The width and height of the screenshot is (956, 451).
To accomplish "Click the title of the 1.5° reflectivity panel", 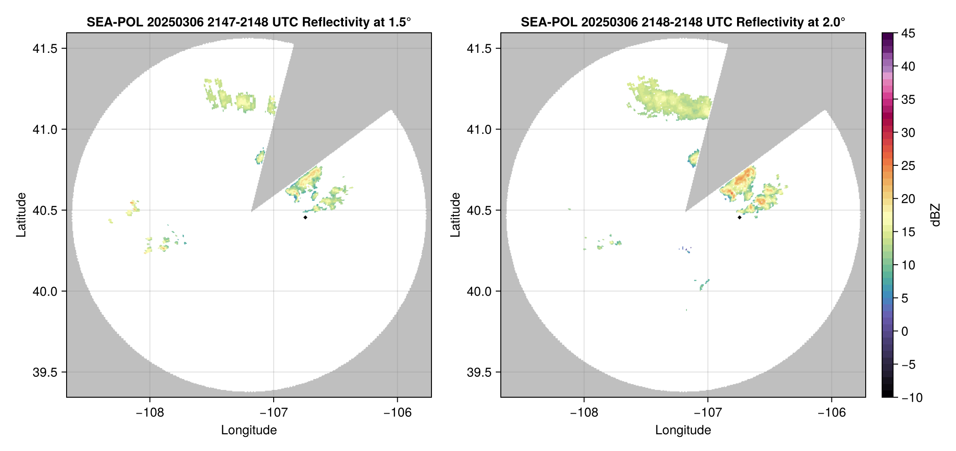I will point(249,22).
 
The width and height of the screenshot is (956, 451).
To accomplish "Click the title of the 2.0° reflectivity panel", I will point(683,22).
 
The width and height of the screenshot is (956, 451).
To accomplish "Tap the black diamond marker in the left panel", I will point(305,217).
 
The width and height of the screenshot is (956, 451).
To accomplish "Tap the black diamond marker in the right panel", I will point(739,217).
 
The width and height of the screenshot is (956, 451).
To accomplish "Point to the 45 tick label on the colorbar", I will point(908,33).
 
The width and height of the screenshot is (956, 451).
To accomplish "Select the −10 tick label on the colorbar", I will point(912,398).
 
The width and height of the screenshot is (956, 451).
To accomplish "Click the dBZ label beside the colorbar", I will point(935,215).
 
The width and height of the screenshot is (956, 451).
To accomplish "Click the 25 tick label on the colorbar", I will point(908,166).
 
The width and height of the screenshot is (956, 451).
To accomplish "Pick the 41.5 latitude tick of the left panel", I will point(45,49).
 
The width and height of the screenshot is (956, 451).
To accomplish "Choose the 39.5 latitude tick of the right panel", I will point(479,372).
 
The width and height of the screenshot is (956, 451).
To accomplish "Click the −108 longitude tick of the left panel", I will point(150,413).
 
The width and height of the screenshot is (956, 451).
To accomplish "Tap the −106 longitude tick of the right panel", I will point(832,413).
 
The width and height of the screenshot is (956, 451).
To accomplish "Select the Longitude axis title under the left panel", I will point(249,430).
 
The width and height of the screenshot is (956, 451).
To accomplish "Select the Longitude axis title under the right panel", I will point(683,430).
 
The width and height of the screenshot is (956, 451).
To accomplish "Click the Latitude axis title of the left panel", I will point(21,215).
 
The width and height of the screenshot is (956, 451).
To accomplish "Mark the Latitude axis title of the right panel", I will point(455,215).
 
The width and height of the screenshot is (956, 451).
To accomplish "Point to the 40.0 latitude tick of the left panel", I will point(45,291).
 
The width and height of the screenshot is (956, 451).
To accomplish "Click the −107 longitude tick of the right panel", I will point(708,413).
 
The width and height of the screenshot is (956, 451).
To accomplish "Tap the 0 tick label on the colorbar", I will point(905,332).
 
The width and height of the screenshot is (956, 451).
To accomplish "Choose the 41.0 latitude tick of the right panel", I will point(479,129).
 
